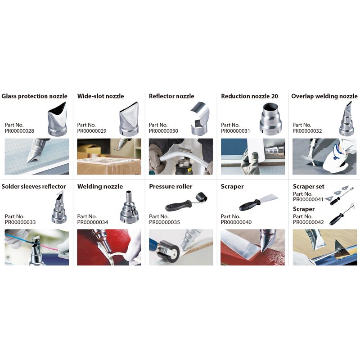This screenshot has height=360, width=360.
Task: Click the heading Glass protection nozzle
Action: click(x=34, y=96)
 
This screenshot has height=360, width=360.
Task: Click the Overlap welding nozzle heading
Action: click(x=324, y=96)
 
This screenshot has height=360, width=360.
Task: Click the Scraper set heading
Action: click(x=308, y=187)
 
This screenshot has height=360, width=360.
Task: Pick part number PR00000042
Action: click(x=308, y=222)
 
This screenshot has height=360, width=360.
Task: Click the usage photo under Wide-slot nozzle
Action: click(x=109, y=156)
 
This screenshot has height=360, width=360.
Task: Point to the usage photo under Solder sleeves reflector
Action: click(x=36, y=247)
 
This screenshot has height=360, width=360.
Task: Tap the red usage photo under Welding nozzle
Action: click(x=109, y=247)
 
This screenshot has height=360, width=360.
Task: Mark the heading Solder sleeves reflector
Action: click(x=34, y=187)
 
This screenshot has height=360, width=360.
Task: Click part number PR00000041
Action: click(x=308, y=199)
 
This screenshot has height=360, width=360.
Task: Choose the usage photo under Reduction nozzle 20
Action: click(x=252, y=156)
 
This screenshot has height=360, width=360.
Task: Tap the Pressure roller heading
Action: click(x=171, y=187)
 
